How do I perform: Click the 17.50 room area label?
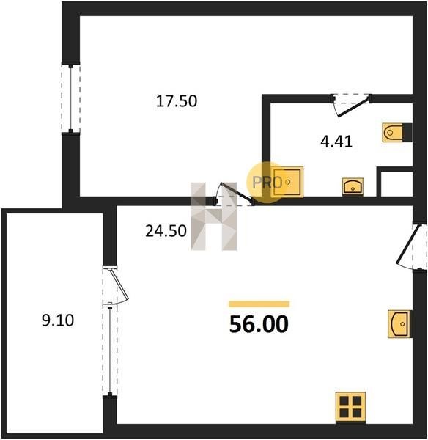[177, 101]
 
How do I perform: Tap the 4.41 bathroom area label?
[336, 142]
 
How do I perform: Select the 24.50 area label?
[166, 231]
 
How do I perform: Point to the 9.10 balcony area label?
[58, 320]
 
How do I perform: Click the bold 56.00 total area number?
[259, 324]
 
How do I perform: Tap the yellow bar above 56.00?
[259, 304]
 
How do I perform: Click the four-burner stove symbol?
[350, 407]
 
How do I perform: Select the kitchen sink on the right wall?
[399, 324]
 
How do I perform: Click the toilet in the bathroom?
[393, 132]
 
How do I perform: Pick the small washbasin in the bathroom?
[353, 186]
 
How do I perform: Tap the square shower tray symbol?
[287, 182]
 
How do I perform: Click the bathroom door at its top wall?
[353, 106]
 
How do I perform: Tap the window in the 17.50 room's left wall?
[70, 98]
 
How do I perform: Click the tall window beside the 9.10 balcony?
[110, 349]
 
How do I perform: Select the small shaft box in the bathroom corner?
[395, 182]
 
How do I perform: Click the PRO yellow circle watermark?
[266, 183]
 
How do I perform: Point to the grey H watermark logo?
[214, 216]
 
